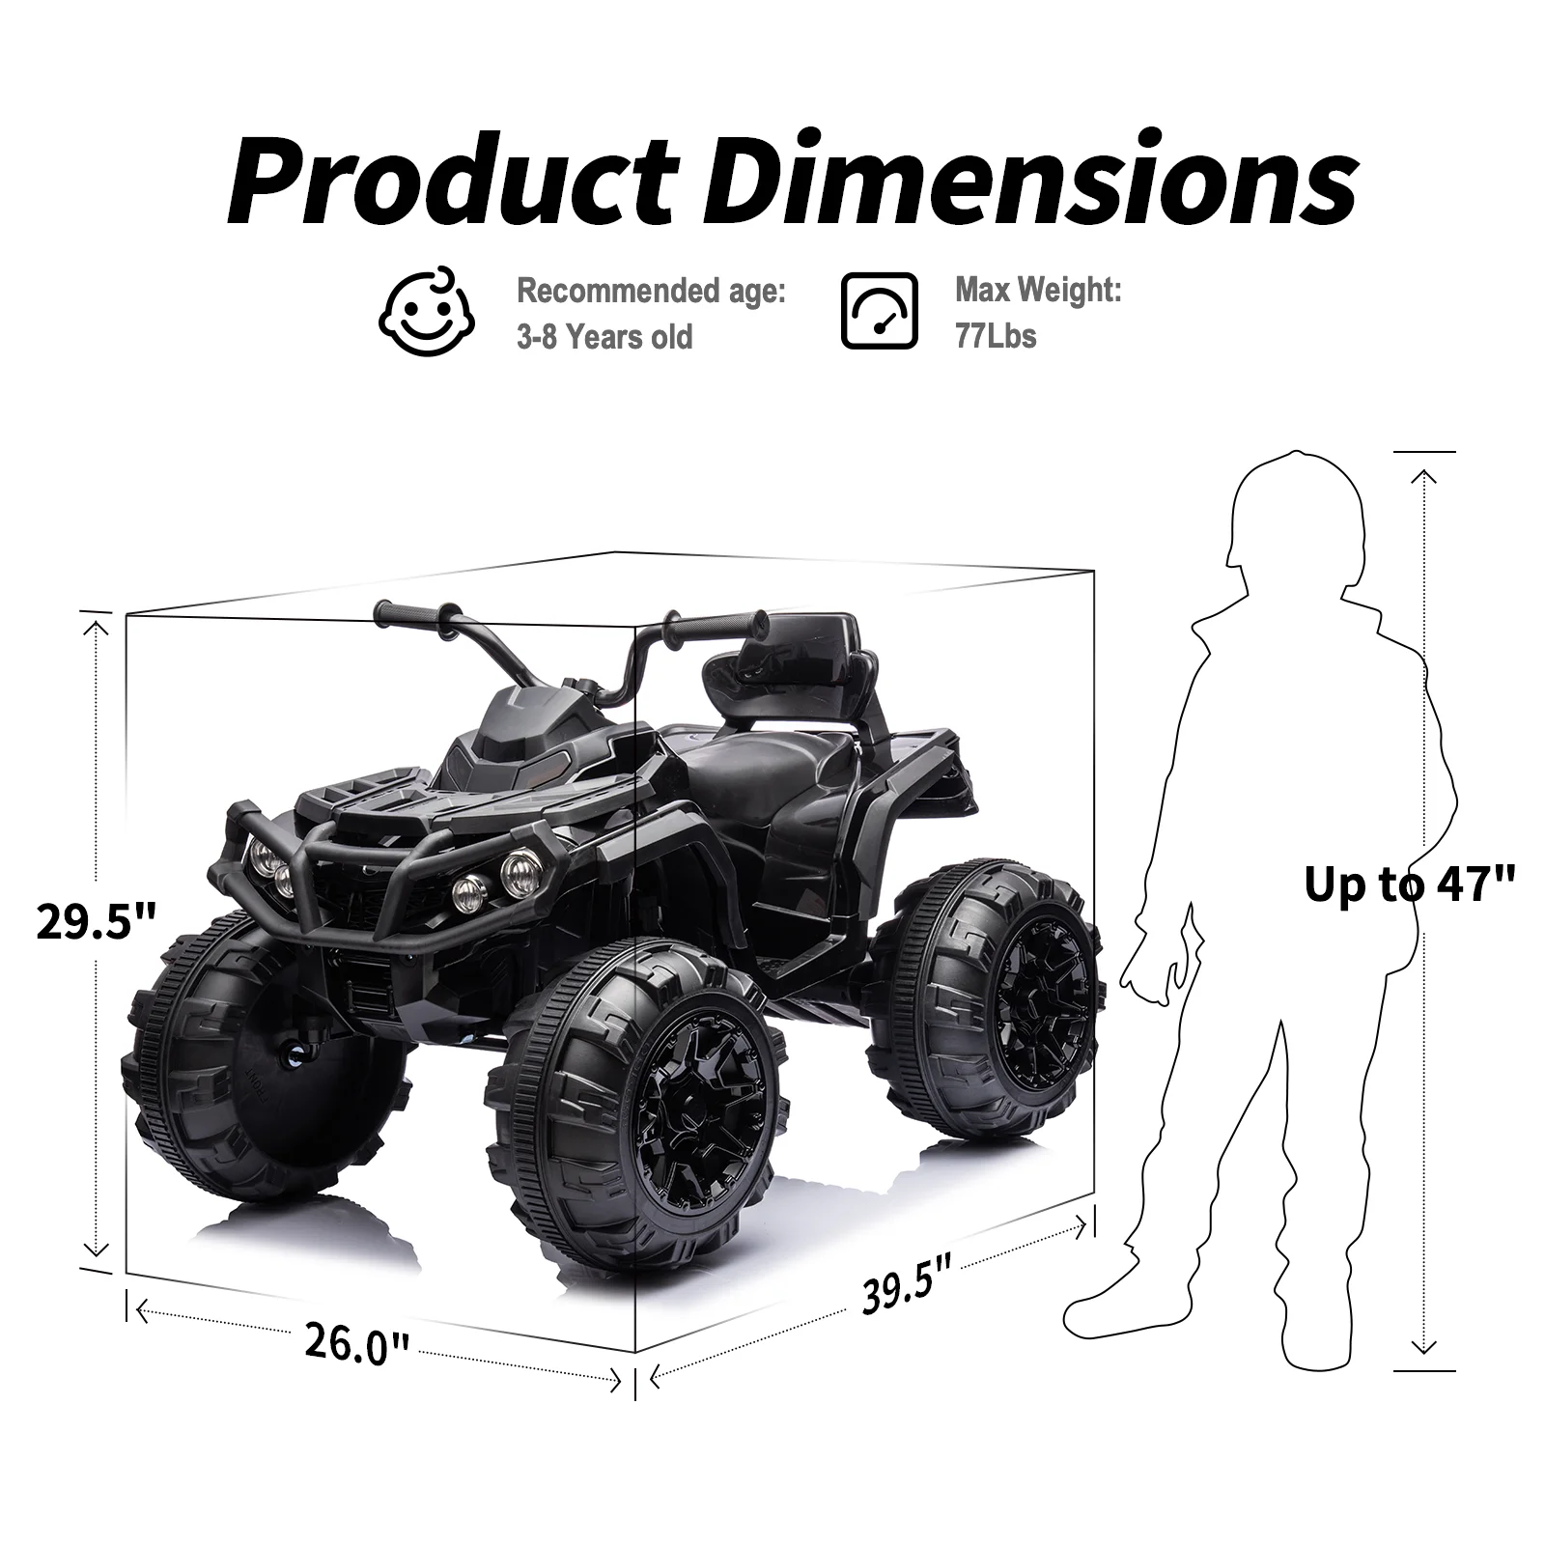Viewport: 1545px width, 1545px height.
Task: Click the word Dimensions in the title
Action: [x=1029, y=182]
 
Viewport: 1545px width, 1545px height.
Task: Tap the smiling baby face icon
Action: [x=426, y=310]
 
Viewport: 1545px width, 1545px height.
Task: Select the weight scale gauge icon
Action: [x=879, y=310]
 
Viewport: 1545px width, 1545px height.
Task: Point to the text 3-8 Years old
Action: [x=604, y=337]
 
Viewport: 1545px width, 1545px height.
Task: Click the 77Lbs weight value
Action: [x=996, y=336]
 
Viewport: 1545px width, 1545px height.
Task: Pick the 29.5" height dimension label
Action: [x=96, y=921]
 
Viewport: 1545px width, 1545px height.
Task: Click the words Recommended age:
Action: [x=651, y=290]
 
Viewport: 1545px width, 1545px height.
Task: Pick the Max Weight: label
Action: [x=1038, y=289]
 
